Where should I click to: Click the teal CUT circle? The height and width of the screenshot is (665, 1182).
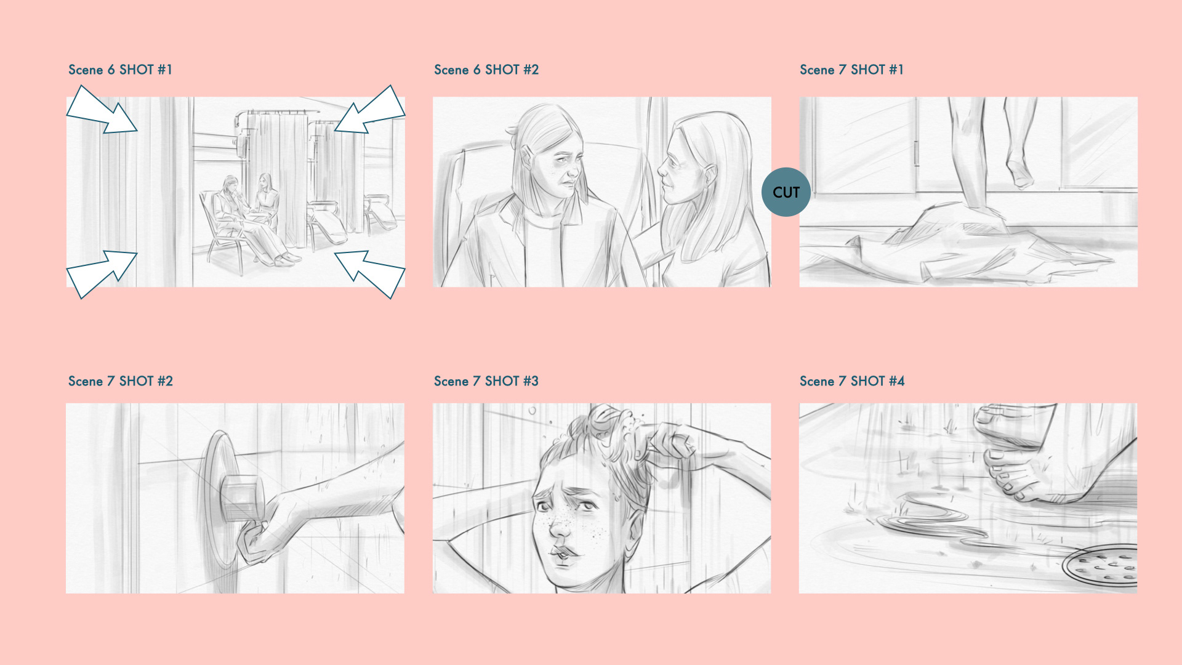(786, 192)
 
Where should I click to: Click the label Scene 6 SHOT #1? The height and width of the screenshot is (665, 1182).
(120, 70)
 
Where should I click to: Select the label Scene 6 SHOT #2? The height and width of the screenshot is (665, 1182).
(486, 70)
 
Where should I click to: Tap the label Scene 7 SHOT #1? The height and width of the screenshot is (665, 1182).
(851, 70)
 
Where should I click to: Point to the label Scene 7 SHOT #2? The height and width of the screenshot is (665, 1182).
(121, 381)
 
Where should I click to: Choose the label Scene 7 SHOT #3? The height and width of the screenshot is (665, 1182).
(486, 381)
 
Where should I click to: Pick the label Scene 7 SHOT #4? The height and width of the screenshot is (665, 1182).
(852, 381)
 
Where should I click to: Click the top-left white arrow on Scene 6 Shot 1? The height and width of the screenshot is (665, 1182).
(102, 110)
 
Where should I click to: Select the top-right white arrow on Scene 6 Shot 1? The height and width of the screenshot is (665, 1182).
(370, 110)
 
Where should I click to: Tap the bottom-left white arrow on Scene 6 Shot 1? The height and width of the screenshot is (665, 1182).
(102, 274)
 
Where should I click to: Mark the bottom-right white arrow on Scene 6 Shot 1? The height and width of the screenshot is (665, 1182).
(370, 274)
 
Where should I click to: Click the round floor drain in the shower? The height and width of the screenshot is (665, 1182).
(1101, 565)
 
